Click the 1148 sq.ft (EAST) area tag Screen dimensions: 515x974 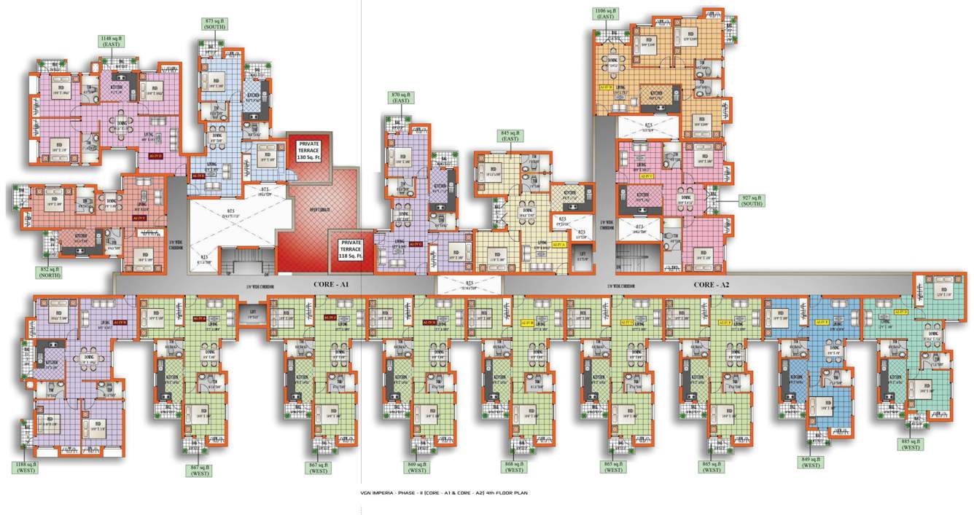pyautogui.click(x=112, y=42)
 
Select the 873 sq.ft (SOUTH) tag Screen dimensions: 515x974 pyautogui.click(x=214, y=25)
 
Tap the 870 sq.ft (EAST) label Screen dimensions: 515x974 pyautogui.click(x=400, y=98)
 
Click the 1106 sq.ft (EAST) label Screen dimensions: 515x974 pyautogui.click(x=606, y=14)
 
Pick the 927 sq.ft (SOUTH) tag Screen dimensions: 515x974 pyautogui.click(x=751, y=200)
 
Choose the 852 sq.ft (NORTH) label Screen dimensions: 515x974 pyautogui.click(x=51, y=273)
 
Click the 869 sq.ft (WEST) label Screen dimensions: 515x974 pyautogui.click(x=418, y=467)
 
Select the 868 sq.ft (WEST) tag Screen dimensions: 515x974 pyautogui.click(x=514, y=467)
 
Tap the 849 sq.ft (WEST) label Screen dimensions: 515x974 pyautogui.click(x=811, y=462)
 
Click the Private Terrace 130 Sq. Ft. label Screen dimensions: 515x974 pyautogui.click(x=308, y=151)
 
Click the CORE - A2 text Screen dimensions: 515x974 pyautogui.click(x=713, y=284)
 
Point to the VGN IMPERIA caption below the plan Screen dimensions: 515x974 pyautogui.click(x=443, y=493)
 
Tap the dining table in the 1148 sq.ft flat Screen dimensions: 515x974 pyautogui.click(x=121, y=125)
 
